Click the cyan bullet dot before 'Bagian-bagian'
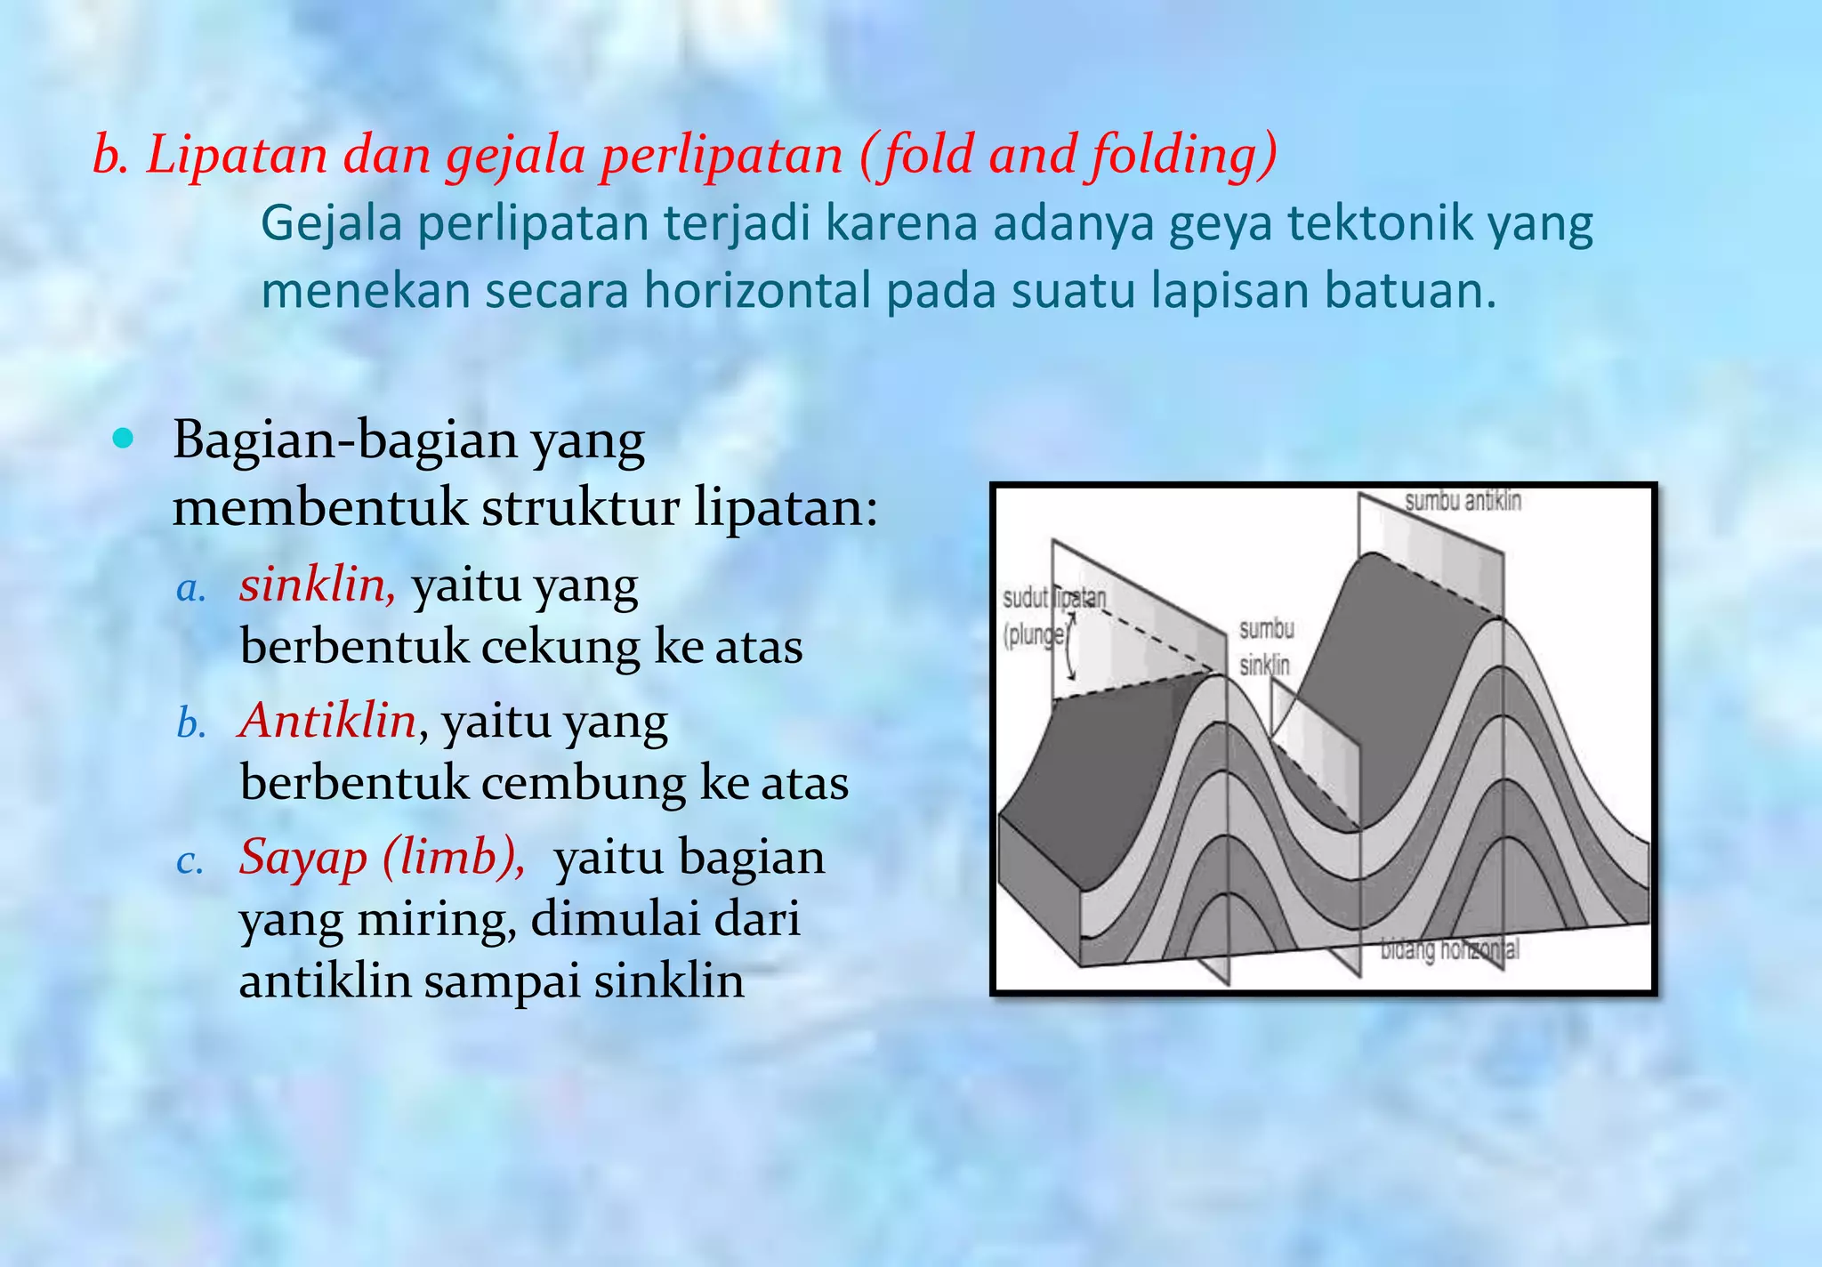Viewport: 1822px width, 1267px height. [125, 439]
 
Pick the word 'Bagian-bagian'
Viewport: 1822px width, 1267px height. [344, 440]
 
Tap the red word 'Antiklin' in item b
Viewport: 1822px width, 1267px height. [327, 721]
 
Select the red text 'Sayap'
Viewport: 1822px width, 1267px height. [302, 858]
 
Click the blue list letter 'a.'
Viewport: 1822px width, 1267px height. [191, 588]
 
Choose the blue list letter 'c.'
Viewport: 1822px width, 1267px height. [189, 860]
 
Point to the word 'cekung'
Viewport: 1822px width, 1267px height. [560, 647]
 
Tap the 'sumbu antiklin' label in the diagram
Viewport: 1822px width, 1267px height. [1463, 501]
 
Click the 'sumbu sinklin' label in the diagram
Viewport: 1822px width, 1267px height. [1266, 647]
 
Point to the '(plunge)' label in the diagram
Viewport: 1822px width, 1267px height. [1034, 635]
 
